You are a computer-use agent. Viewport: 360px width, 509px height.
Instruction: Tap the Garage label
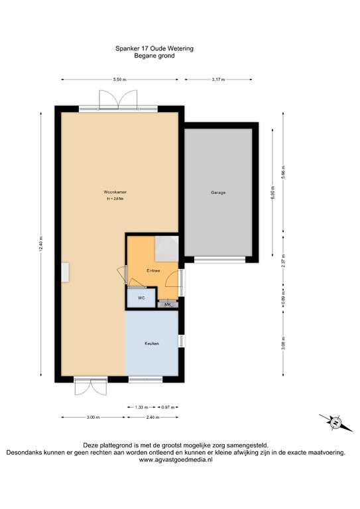tap(218, 193)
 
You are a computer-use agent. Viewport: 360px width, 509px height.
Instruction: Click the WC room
tap(141, 299)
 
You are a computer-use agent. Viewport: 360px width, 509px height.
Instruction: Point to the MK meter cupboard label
tap(168, 305)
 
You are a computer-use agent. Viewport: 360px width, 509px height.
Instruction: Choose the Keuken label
tap(152, 343)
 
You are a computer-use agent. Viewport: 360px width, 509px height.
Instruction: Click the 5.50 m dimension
tap(119, 80)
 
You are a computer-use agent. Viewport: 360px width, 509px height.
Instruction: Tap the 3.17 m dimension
tap(218, 80)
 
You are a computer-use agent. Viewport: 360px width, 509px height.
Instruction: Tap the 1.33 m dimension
tap(141, 407)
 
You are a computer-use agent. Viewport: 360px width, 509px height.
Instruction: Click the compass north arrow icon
tap(335, 422)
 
